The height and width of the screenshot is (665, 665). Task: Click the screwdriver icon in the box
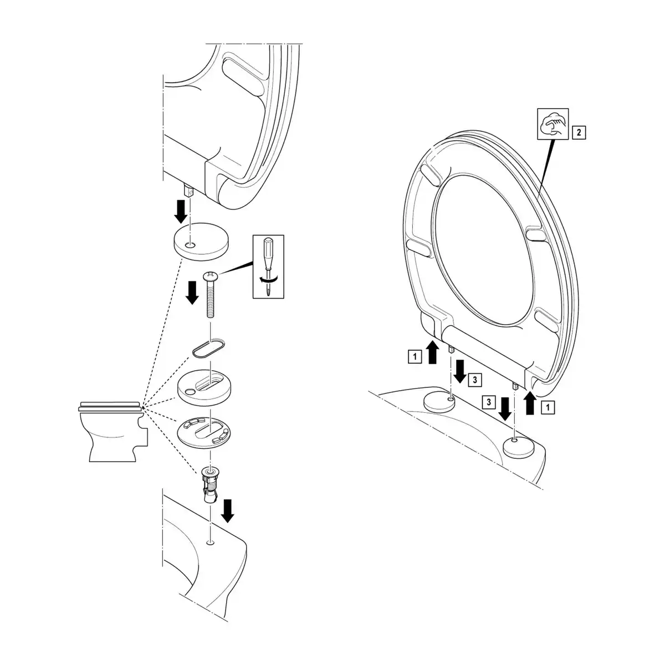(268, 267)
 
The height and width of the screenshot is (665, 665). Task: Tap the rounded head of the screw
(211, 275)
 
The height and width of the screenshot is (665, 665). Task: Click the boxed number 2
(579, 132)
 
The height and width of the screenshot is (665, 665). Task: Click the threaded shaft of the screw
(211, 299)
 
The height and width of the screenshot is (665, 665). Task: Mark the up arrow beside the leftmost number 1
(432, 353)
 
